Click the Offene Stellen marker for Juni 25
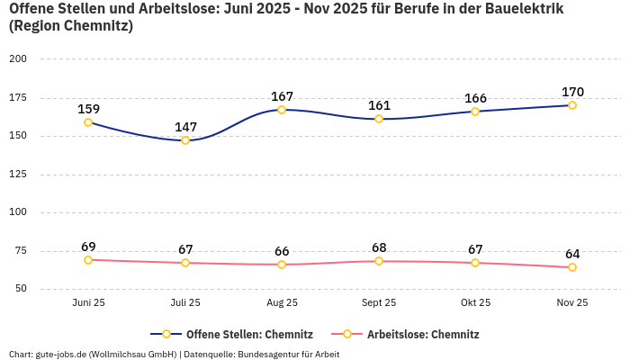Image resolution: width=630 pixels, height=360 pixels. point(88,122)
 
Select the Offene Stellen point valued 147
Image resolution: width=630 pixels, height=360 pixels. point(185,140)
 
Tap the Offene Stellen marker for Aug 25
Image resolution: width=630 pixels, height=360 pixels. point(282,110)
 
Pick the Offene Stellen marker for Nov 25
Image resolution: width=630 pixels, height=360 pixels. point(572,105)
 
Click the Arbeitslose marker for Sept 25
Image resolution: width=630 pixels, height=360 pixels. point(379,261)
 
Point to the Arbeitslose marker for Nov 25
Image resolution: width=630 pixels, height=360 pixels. point(572,267)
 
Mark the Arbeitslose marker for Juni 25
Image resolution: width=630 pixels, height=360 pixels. point(88,260)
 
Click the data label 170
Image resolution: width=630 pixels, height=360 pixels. point(572,92)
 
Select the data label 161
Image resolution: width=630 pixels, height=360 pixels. point(379,105)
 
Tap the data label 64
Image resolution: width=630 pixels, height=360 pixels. point(572,254)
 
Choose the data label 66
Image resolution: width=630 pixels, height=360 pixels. point(282,251)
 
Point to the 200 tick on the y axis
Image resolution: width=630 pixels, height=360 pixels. point(18,59)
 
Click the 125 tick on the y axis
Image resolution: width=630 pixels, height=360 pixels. point(18,175)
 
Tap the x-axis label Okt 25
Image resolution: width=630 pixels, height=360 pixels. point(475,303)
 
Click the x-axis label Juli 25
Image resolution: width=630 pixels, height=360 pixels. point(185,303)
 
